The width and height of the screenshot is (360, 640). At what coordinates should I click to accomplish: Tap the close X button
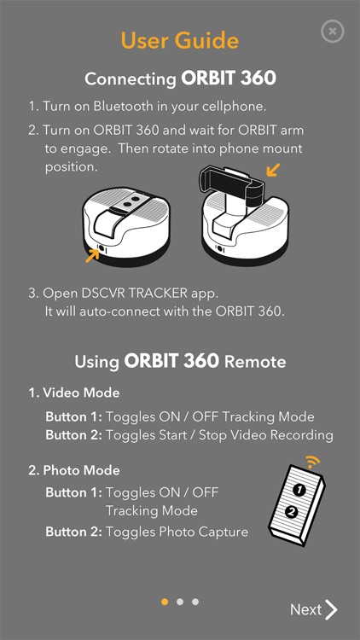(x=333, y=32)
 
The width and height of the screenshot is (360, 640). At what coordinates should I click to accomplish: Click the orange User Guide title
(x=179, y=40)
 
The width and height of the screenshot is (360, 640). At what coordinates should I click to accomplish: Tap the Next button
(x=313, y=609)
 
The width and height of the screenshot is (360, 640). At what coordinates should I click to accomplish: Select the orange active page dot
(x=165, y=602)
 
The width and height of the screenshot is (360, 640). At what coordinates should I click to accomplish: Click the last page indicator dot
(x=195, y=602)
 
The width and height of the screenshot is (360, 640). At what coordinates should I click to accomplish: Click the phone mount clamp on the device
(x=229, y=180)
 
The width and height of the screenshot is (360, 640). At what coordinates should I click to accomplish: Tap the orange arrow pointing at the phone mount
(x=272, y=171)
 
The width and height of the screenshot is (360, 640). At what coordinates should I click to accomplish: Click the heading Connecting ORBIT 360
(x=179, y=79)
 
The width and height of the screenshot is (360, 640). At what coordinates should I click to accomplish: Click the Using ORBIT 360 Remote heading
(x=179, y=361)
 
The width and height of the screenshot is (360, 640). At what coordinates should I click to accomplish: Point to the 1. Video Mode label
(x=74, y=393)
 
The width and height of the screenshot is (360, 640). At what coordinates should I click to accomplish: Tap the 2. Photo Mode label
(x=74, y=470)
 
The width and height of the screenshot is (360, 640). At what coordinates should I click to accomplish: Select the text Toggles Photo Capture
(x=177, y=532)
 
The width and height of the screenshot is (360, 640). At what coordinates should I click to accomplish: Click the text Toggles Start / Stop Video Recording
(x=219, y=435)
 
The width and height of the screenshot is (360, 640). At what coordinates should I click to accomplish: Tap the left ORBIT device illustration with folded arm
(x=123, y=227)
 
